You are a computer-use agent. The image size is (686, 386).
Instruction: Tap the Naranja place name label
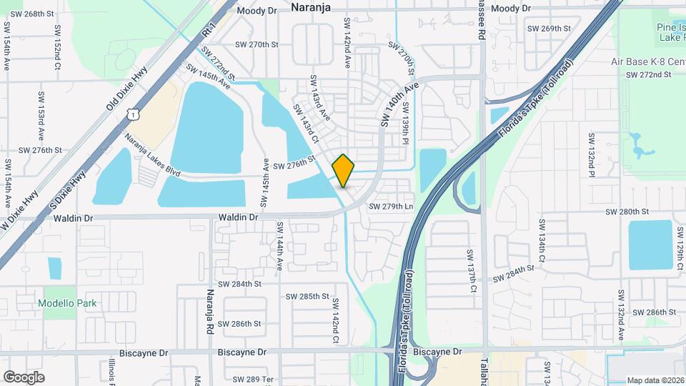[312, 7]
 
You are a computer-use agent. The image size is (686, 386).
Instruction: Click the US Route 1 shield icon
[132, 114]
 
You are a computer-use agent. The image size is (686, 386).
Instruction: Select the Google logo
[24, 377]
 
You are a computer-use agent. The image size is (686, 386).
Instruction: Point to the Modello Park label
[69, 303]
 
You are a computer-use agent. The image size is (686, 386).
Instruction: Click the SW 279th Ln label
[391, 207]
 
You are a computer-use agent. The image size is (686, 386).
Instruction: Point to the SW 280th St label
[627, 212]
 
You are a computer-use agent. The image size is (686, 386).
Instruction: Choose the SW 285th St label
[307, 296]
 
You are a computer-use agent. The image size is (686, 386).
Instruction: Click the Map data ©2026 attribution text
[655, 380]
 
